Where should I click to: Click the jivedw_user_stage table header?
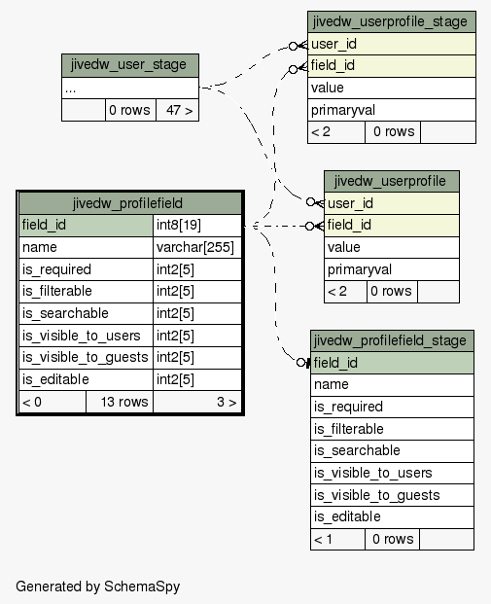point(130,65)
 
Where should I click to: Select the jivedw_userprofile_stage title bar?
point(392,22)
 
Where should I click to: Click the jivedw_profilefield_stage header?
point(392,341)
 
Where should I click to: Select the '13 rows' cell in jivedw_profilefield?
point(120,402)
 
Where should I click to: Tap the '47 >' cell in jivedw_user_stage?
point(178,110)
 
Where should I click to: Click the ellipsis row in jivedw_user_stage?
point(130,89)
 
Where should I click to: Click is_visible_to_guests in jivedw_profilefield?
point(86,358)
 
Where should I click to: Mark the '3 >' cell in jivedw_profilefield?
point(197,402)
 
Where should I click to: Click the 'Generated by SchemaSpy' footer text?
point(98,586)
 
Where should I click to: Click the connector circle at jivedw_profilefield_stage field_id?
point(301,363)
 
